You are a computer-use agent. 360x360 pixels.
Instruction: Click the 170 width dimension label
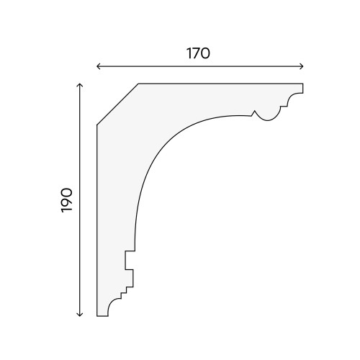point(198,53)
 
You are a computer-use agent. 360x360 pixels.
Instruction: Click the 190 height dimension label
point(67,200)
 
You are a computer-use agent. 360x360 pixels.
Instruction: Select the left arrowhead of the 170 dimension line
point(98,66)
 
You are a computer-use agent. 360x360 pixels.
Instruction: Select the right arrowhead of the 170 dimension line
point(302,66)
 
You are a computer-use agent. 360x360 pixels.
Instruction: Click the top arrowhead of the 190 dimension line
point(80,85)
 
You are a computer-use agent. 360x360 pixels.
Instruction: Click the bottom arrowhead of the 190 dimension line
point(80,315)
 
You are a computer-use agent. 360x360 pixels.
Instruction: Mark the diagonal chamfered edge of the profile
point(117,104)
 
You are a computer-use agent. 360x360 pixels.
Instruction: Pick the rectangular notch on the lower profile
point(130,260)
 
